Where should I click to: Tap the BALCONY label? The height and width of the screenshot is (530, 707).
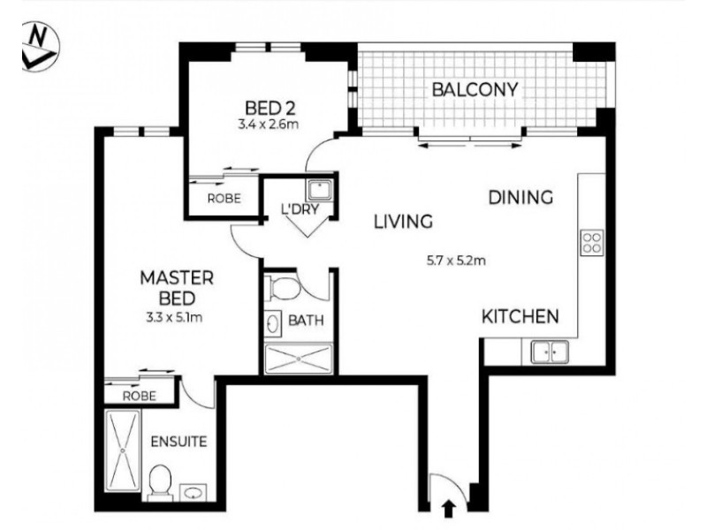point(474,89)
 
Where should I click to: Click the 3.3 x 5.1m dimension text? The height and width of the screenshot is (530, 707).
point(173,316)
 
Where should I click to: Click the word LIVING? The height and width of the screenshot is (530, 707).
point(401,221)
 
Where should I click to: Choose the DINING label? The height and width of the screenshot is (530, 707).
point(521,198)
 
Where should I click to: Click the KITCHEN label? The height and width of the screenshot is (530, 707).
point(520,316)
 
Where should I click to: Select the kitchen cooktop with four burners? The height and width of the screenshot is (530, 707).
point(591,242)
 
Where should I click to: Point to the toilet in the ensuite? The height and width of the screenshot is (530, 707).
point(159,483)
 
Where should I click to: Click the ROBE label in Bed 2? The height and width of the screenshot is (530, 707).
point(224,199)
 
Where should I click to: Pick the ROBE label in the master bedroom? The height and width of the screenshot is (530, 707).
point(139,396)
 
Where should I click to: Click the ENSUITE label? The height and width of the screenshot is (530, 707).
point(178,441)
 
